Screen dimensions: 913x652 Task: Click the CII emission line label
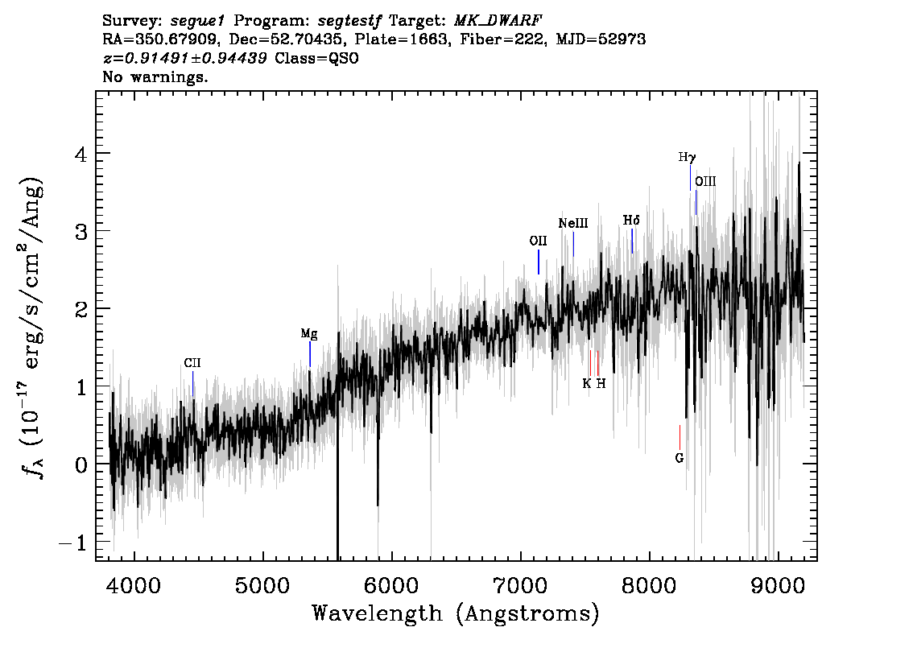point(192,363)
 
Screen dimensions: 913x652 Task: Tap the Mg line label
point(309,334)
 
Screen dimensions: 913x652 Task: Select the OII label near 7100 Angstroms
point(538,241)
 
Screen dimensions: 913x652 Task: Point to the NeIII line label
point(573,224)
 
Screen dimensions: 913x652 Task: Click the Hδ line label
point(631,221)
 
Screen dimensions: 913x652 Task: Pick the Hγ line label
point(687,157)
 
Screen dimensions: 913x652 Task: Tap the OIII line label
point(706,182)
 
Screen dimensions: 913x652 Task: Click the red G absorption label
point(680,458)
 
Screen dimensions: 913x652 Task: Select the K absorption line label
point(587,384)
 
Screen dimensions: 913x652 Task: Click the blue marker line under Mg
point(310,354)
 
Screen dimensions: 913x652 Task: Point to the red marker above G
point(680,437)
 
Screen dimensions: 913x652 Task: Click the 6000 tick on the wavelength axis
point(392,585)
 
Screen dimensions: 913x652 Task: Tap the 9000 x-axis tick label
point(778,585)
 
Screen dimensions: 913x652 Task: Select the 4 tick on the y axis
point(81,155)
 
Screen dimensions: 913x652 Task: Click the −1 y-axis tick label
point(73,543)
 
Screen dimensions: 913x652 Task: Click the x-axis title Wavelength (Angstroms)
point(456,614)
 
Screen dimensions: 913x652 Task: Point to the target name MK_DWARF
point(498,20)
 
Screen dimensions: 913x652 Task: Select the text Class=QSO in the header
point(316,58)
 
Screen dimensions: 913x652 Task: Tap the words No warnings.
point(155,76)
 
